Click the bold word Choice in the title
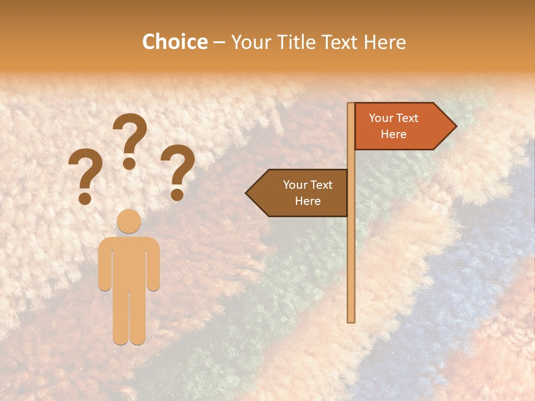pos(174,42)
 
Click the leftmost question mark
pos(85,173)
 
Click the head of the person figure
pos(129,221)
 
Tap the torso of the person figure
pos(129,262)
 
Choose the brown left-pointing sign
pos(301,193)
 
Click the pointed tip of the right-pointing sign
pos(455,126)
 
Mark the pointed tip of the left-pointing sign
pos(247,193)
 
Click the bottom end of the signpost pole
pos(351,320)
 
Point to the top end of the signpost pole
pos(351,105)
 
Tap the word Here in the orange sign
pos(393,134)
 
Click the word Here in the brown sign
pos(308,201)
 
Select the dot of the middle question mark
pos(129,163)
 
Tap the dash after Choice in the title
pos(219,42)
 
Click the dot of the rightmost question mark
pos(177,194)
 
